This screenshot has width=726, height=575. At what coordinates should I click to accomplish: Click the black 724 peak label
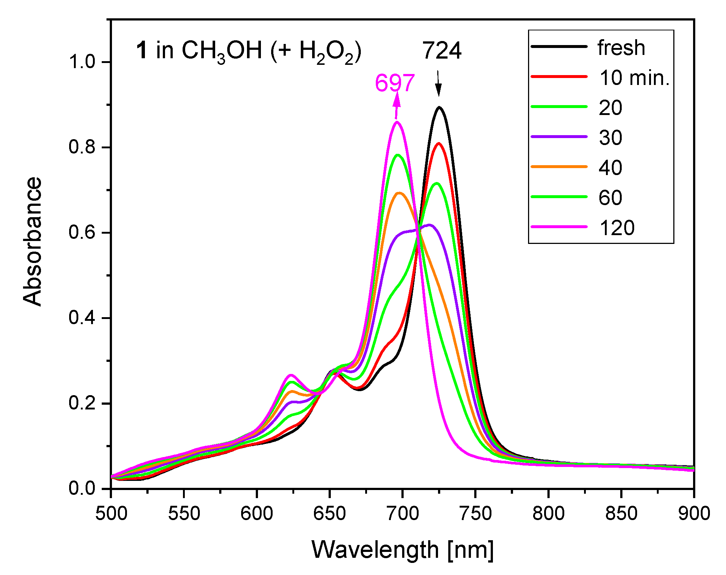[x=442, y=51]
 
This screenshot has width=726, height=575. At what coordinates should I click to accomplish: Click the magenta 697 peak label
[x=395, y=83]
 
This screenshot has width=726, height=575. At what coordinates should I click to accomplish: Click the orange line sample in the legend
[x=559, y=167]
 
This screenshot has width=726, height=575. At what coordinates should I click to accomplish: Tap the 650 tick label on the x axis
[x=329, y=513]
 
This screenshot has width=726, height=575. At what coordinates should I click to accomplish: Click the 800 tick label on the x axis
[x=548, y=513]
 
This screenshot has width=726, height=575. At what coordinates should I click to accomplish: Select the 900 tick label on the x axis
[x=694, y=513]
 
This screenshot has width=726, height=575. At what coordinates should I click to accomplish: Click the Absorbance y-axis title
[x=32, y=242]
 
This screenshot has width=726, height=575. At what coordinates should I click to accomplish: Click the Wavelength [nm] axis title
[x=403, y=550]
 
